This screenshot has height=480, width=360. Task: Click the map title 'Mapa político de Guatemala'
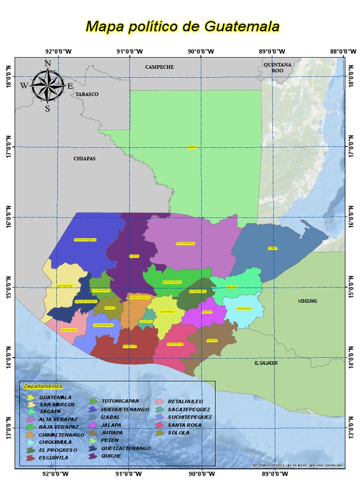point(182,26)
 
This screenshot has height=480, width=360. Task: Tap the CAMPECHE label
point(159,67)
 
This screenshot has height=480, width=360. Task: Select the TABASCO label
point(87,94)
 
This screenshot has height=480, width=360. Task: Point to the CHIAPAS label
point(84,158)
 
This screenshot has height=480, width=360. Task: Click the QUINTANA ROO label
point(277,67)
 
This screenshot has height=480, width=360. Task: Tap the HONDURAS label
point(307,301)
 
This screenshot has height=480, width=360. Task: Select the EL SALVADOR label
point(266,363)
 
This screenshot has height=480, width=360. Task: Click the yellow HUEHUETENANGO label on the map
point(85,240)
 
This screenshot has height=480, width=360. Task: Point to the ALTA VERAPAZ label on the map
point(185,243)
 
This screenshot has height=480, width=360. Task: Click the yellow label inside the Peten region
point(192,147)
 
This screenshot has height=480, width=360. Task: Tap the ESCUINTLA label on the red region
point(130,346)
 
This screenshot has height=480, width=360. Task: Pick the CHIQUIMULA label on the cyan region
point(244,308)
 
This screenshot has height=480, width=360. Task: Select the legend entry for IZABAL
point(110,417)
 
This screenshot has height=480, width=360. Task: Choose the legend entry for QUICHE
point(111,456)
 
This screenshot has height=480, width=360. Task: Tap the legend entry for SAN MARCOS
point(56,405)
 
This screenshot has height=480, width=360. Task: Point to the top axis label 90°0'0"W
point(201,51)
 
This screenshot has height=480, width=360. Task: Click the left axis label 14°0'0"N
point(8,357)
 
